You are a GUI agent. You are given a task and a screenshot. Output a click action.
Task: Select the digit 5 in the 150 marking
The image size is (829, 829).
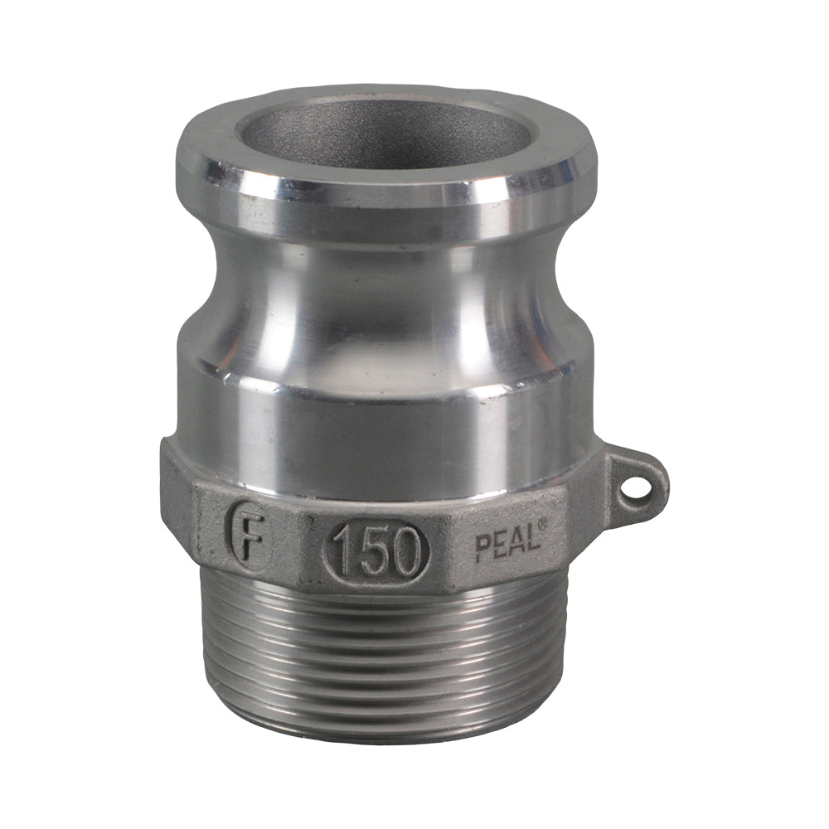375,550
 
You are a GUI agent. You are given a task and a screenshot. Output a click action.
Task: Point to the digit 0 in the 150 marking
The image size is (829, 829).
406,550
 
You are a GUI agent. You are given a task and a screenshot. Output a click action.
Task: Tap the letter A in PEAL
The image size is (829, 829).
516,542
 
